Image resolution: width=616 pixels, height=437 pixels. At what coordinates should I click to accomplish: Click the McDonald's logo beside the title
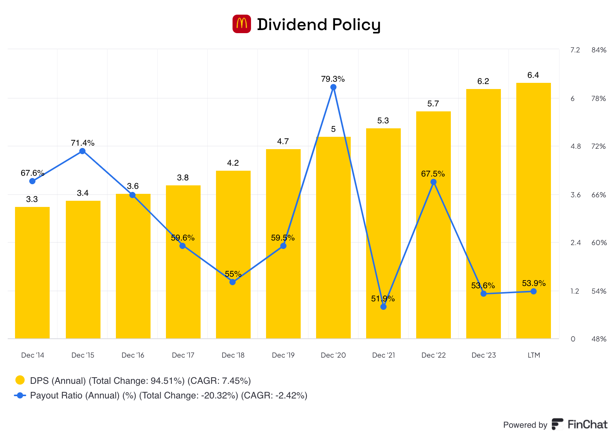[x=241, y=24]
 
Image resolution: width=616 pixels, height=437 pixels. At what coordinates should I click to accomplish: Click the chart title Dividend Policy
[x=318, y=25]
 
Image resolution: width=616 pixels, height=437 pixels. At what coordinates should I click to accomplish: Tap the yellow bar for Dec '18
[x=233, y=254]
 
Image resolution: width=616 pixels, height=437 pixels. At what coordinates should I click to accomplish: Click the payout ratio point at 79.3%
[x=333, y=87]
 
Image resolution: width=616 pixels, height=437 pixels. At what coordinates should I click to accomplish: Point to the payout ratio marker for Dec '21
[x=383, y=307]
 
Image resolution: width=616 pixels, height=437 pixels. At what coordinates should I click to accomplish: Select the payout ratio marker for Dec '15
[x=82, y=151]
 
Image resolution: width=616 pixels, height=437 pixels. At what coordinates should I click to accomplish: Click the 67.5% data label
[x=433, y=174]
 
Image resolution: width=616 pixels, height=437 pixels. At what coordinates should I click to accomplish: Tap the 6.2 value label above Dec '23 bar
[x=483, y=81]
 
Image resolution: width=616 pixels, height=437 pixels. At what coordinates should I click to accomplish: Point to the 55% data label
[x=233, y=274]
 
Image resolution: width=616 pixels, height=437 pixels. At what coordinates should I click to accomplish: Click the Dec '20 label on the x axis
[x=333, y=355]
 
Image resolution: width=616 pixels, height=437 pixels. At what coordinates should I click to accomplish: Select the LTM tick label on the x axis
[x=534, y=355]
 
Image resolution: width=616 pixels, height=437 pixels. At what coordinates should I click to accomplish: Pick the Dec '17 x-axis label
[x=183, y=355]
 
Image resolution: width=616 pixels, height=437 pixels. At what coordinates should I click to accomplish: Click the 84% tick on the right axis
[x=599, y=50]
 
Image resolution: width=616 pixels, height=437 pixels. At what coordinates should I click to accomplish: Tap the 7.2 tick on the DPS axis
[x=575, y=50]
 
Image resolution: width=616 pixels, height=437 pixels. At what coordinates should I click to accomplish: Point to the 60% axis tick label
[x=599, y=243]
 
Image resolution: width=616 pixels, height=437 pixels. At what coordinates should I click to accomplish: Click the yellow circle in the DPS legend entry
[x=20, y=380]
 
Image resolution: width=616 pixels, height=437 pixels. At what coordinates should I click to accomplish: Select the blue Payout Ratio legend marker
[x=20, y=395]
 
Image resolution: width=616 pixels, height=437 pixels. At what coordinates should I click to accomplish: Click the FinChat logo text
[x=587, y=425]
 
